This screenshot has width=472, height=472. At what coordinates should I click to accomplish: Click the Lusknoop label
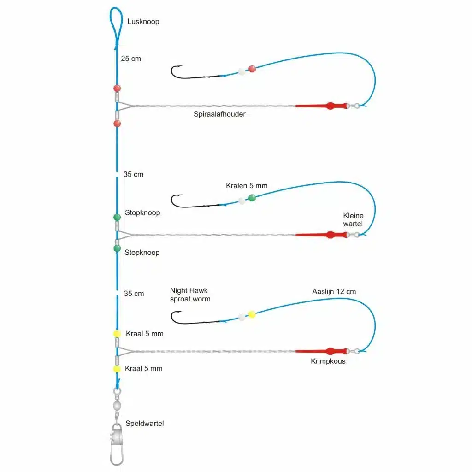[x=144, y=22]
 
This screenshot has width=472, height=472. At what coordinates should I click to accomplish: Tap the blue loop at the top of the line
[x=116, y=25]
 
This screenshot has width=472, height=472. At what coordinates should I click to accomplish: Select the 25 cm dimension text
[x=131, y=59]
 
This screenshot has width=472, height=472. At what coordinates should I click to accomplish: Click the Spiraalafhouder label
[x=219, y=114]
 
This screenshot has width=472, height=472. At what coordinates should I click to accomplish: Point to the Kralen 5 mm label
[x=247, y=186]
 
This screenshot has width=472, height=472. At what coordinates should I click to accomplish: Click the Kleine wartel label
[x=353, y=220]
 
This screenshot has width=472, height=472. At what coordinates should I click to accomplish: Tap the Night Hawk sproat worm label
[x=190, y=295]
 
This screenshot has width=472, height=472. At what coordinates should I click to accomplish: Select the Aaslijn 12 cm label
[x=334, y=291]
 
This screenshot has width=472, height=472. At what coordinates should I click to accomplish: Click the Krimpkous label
[x=328, y=361]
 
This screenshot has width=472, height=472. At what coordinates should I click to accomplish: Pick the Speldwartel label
[x=144, y=423]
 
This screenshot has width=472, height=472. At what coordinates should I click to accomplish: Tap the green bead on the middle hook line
[x=252, y=198]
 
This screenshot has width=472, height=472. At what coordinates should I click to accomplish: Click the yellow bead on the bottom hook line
[x=252, y=314]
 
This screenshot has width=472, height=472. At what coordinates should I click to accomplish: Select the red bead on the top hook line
[x=252, y=69]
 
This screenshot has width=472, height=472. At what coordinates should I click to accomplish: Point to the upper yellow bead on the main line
[x=117, y=333]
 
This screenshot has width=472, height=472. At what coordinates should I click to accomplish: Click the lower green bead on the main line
[x=117, y=248]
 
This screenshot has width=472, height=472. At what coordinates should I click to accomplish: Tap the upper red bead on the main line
[x=117, y=88]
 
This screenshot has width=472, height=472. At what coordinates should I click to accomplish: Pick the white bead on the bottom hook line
[x=241, y=317]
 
